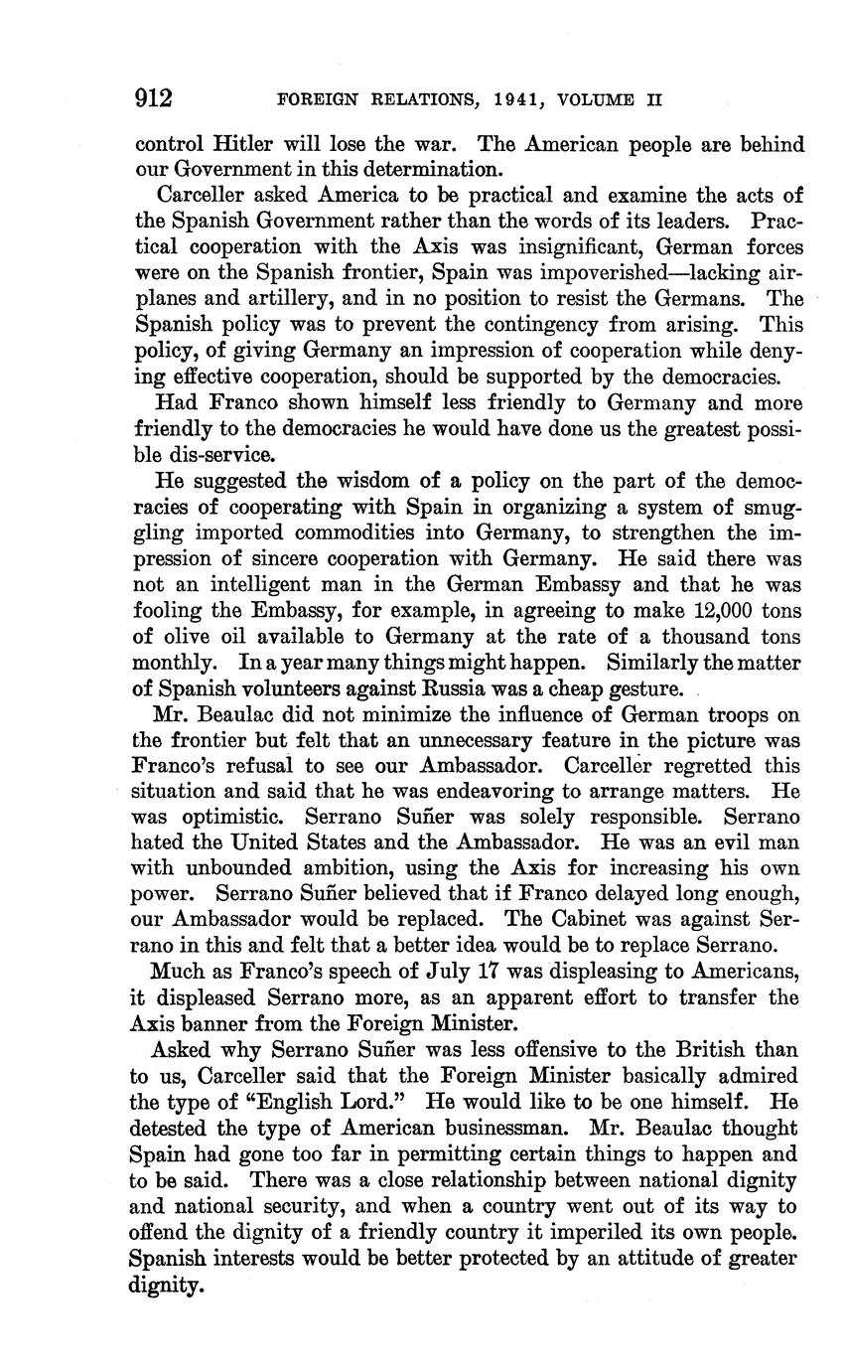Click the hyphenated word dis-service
[224, 454]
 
